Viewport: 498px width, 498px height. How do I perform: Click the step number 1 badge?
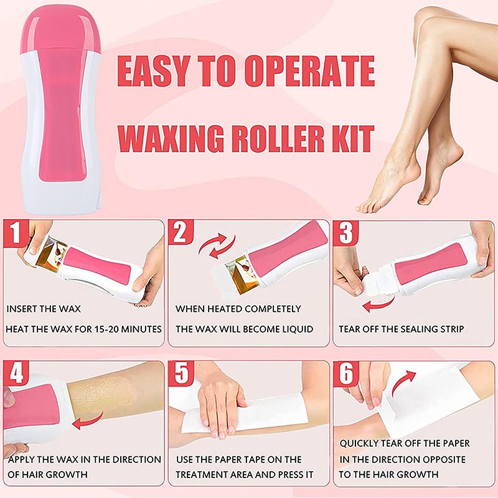[x=16, y=233]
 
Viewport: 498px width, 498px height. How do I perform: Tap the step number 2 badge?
[x=181, y=232]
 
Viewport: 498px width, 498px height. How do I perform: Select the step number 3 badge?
[x=345, y=233]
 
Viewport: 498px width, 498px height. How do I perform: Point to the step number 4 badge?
[x=16, y=373]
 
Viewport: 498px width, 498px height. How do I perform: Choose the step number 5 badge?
[x=181, y=373]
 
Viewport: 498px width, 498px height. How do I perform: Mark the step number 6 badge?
[x=346, y=373]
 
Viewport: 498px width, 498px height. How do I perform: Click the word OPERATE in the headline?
[x=309, y=71]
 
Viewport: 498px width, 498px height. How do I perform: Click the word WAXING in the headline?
[x=171, y=139]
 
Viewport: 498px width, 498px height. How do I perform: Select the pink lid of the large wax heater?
[x=60, y=29]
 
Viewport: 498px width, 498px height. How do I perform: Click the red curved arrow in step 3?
[x=378, y=304]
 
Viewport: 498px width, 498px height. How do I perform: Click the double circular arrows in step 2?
[x=217, y=246]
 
